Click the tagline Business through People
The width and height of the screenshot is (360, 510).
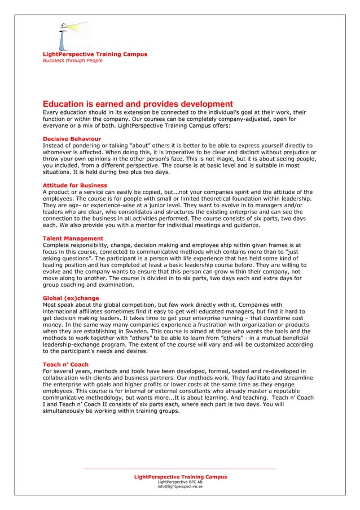73,60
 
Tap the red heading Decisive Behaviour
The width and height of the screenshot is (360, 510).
72,138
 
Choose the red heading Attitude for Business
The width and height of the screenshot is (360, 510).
75,185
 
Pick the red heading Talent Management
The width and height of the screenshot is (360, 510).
73,238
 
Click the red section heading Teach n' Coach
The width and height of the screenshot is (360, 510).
66,364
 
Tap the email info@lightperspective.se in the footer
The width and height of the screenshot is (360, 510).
179,486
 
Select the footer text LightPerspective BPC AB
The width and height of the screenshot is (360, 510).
179,482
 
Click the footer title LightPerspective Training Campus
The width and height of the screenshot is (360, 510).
180,477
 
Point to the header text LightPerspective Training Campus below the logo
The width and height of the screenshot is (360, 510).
95,54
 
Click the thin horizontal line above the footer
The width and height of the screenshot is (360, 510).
179,468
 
